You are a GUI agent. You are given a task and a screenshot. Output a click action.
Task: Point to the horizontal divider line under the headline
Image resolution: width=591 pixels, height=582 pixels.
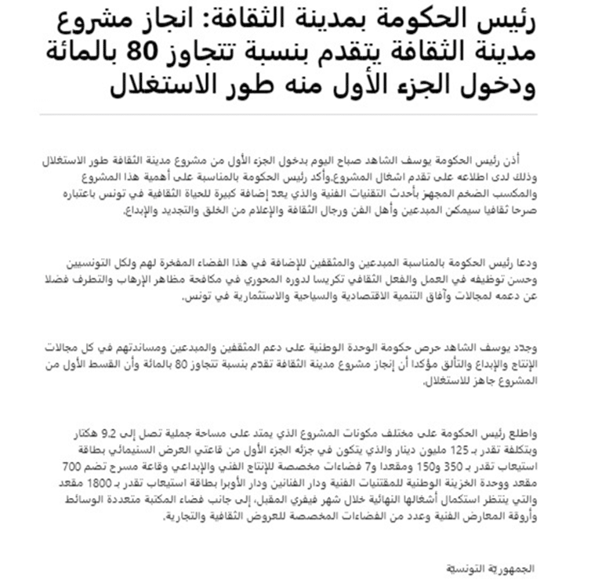coord(295,115)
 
